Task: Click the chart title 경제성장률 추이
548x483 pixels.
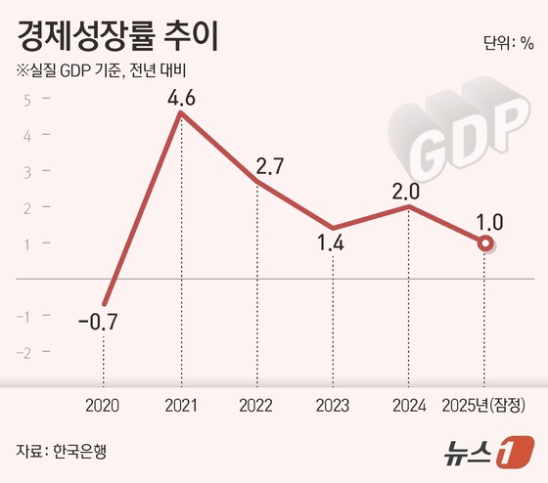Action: click(x=114, y=36)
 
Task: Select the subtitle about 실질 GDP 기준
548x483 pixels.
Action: click(x=101, y=71)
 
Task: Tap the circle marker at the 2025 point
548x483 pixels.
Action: click(x=484, y=243)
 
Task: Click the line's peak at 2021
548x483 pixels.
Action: click(x=181, y=113)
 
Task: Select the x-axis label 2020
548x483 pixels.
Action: click(x=103, y=405)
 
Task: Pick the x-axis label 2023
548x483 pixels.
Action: click(x=334, y=405)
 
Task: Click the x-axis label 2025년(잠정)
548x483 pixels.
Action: click(x=485, y=405)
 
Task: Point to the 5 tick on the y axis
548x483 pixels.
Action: click(x=27, y=99)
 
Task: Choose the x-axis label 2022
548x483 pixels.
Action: click(x=257, y=405)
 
